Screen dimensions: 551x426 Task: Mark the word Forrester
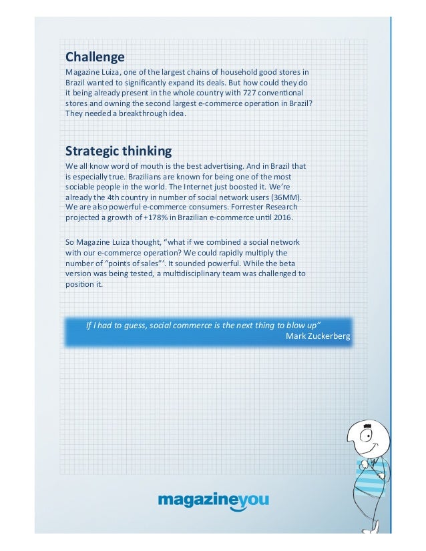click(226, 207)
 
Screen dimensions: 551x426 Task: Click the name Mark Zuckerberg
click(317, 336)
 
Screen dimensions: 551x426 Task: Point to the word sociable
click(82, 187)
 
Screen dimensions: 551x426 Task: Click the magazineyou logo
click(213, 500)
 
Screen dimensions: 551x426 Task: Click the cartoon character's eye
click(366, 435)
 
